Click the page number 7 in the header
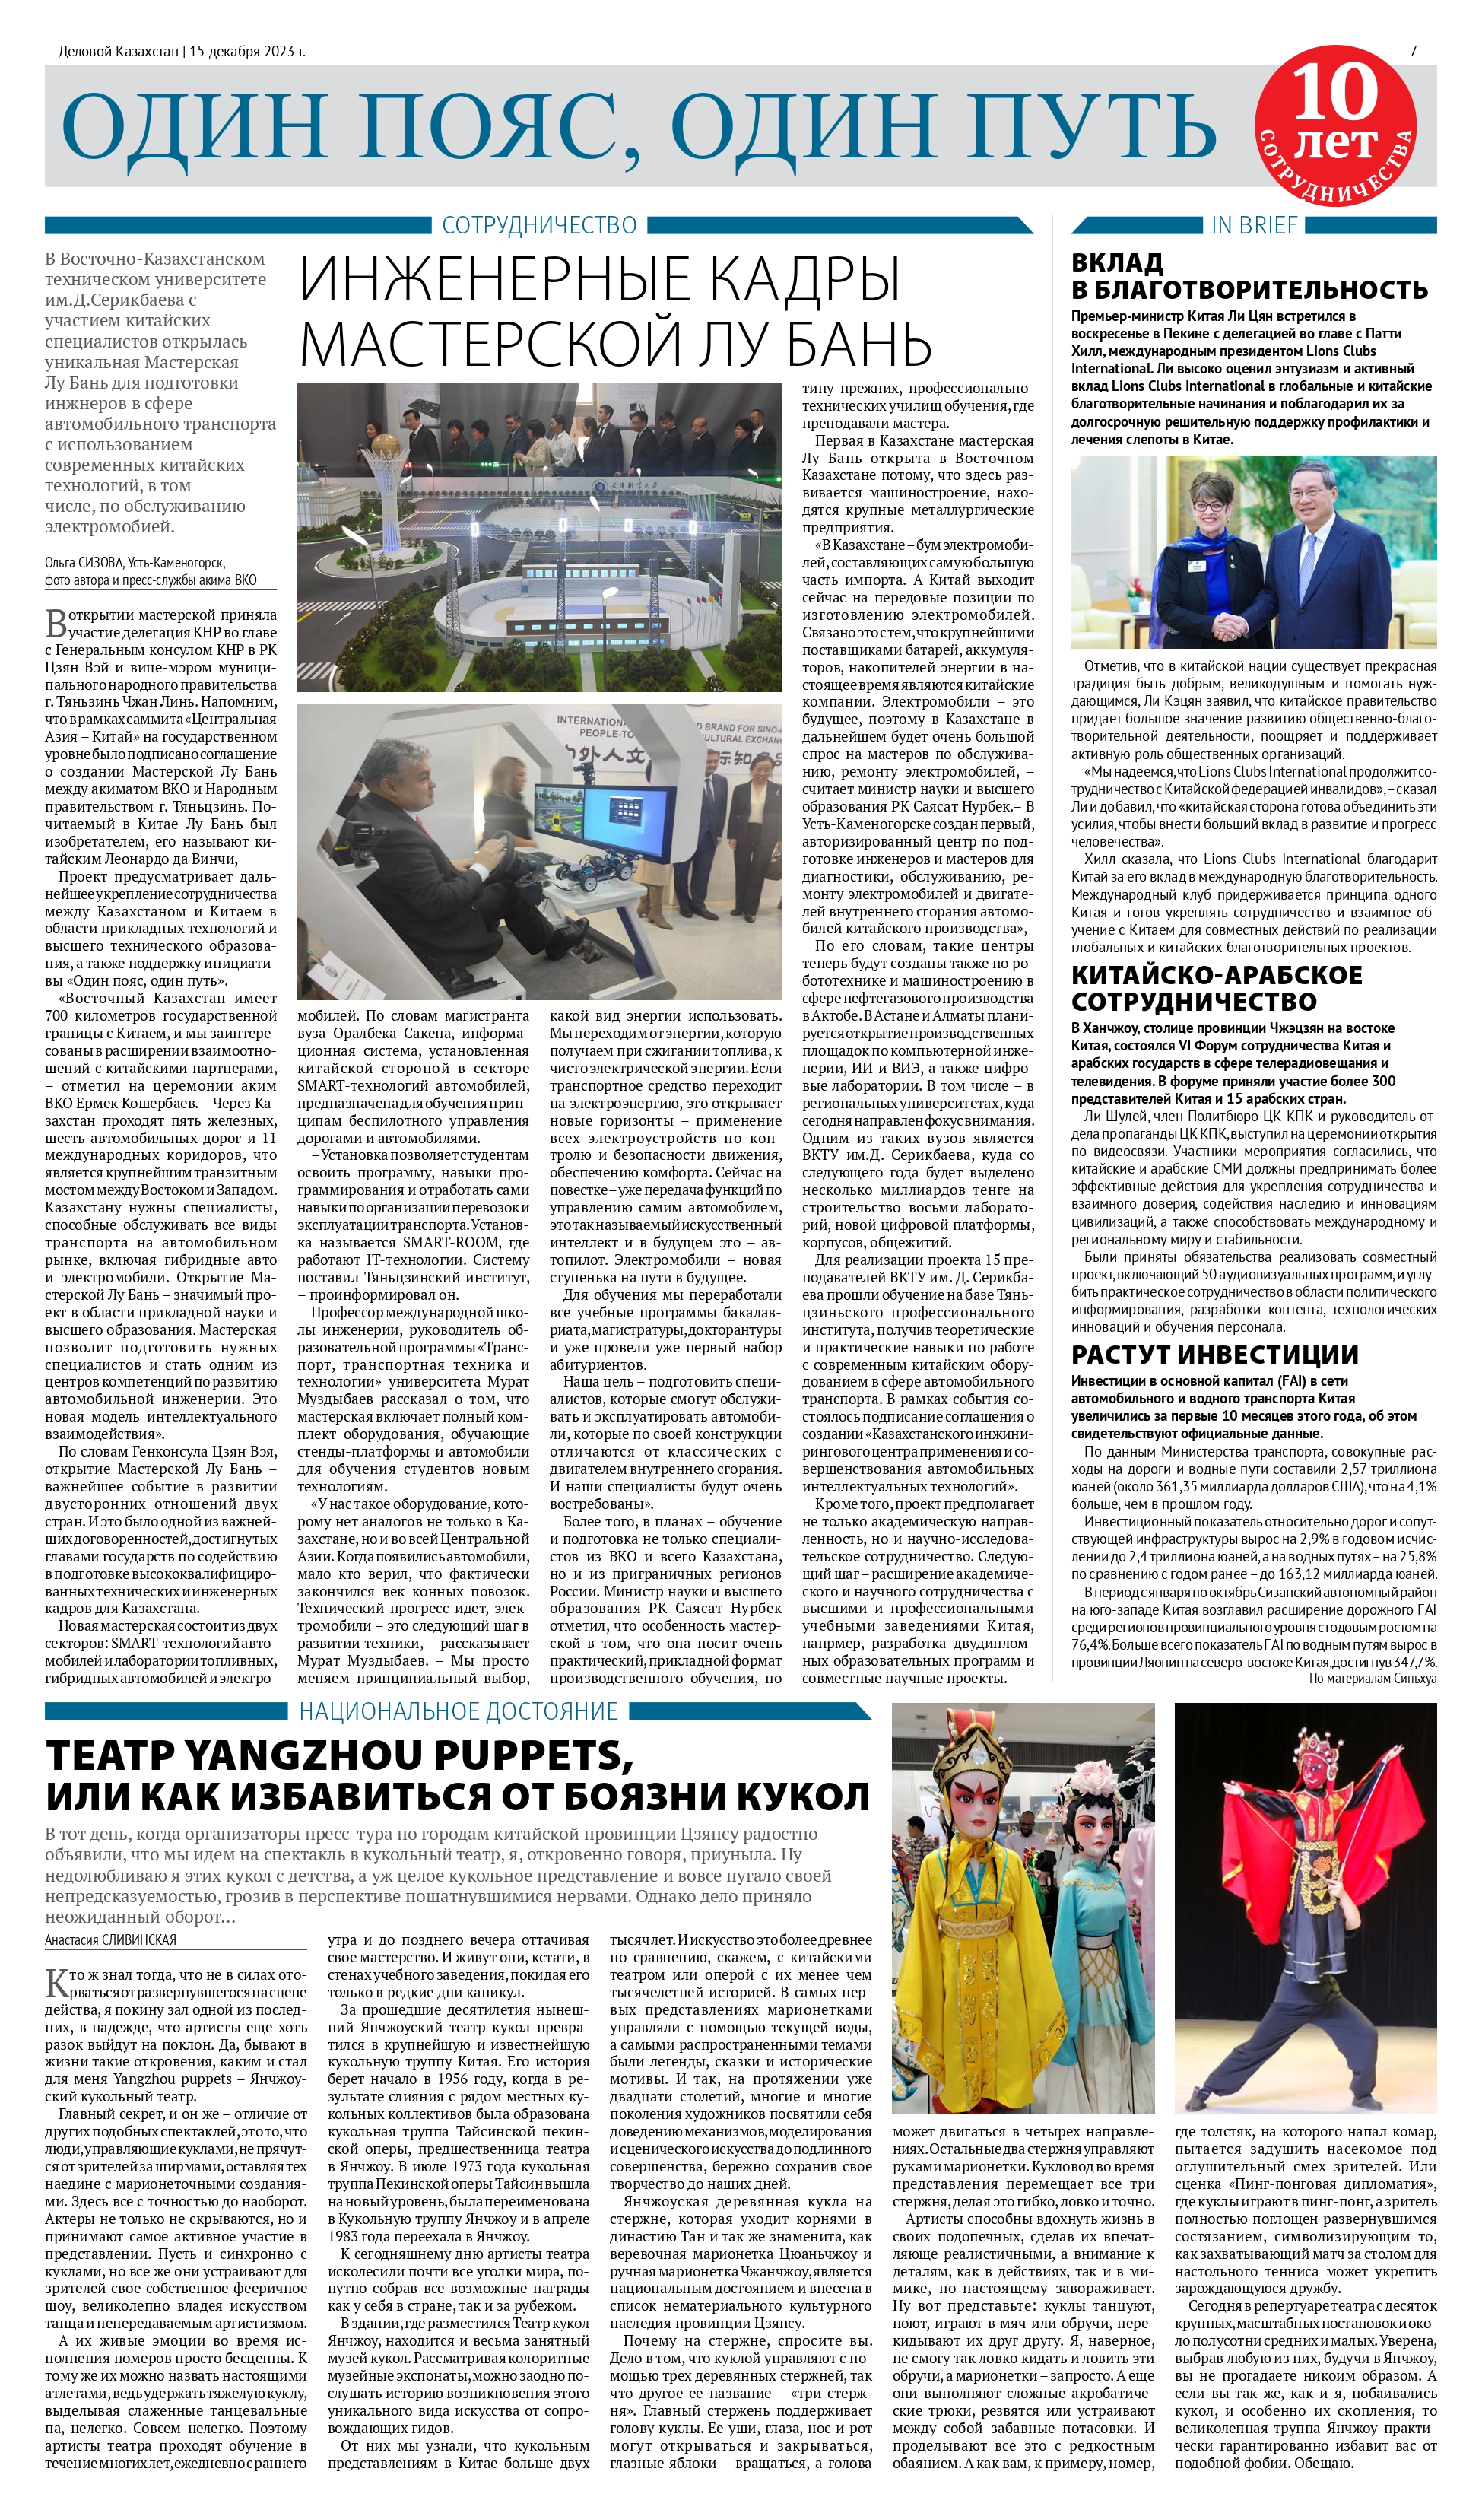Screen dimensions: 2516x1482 coord(1412,51)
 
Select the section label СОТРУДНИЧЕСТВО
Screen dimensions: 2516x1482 coord(539,226)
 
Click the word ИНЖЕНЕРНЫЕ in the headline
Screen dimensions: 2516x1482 coord(509,281)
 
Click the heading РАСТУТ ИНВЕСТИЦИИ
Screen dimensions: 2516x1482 coord(1214,1355)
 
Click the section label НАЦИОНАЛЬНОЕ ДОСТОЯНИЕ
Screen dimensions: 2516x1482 coord(459,1712)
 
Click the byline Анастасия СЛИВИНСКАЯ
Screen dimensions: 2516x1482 coord(111,1939)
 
